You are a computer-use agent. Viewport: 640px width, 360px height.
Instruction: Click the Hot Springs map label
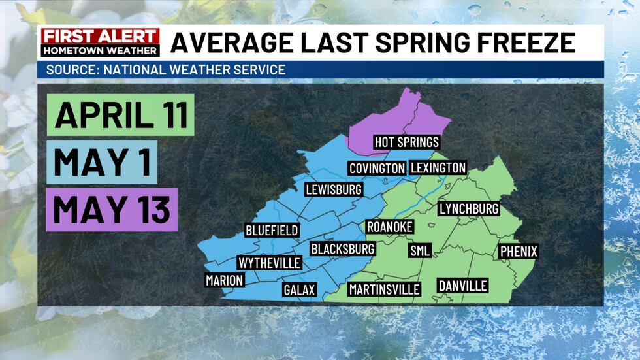coord(406,142)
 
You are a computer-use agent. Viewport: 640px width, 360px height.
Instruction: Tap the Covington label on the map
coord(376,168)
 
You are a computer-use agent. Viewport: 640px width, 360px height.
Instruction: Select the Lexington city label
coord(438,168)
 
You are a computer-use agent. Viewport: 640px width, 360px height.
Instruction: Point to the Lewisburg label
coord(334,189)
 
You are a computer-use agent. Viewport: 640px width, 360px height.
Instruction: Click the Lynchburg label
coord(469,209)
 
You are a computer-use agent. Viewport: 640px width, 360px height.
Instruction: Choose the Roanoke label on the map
coord(390,226)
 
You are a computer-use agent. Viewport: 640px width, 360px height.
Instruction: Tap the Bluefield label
coord(272,230)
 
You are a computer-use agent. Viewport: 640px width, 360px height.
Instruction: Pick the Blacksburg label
coord(342,249)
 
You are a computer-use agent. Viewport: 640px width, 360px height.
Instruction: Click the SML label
coord(419,251)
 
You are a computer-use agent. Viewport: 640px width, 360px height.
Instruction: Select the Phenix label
coord(519,251)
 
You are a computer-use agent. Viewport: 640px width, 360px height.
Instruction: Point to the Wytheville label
coord(270,263)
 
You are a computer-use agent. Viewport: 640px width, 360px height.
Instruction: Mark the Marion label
coord(224,280)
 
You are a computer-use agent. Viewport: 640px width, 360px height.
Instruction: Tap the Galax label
coord(300,289)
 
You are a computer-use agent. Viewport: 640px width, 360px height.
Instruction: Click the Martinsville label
coord(384,289)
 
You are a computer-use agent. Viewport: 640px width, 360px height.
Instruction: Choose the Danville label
coord(462,286)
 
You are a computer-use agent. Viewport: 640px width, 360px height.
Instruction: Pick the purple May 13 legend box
coord(112,209)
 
